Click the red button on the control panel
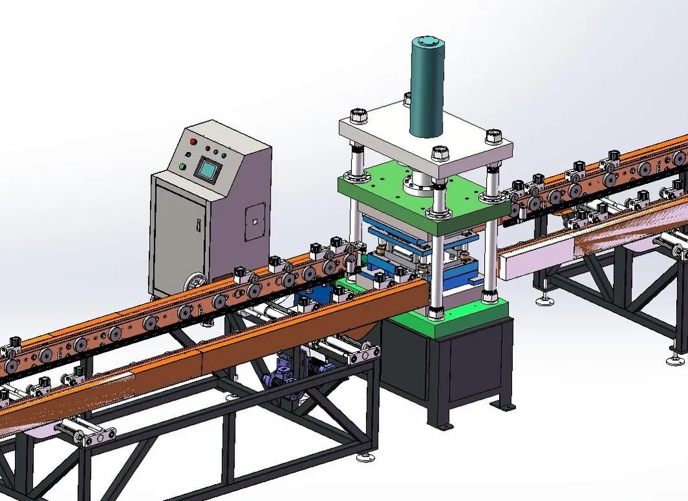192,141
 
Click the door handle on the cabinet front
198,225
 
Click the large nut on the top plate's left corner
358,116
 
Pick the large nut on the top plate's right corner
493,136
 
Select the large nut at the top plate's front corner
439,155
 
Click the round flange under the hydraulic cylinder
419,188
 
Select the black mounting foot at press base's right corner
502,405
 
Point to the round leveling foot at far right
676,358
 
